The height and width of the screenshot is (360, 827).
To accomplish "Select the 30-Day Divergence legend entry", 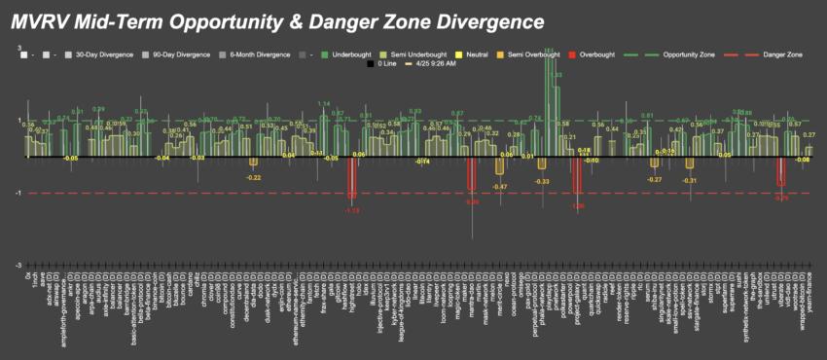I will (100, 54).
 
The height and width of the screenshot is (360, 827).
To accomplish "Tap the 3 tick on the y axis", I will (20, 49).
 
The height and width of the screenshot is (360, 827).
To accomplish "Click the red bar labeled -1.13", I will (352, 177).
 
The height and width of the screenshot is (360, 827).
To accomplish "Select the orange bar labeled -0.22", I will (254, 162).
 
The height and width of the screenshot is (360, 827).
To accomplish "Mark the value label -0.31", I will (689, 181).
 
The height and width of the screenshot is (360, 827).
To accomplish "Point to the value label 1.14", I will (324, 104).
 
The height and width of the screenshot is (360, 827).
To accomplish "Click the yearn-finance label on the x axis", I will (810, 303).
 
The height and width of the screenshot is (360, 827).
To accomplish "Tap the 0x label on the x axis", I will (27, 279).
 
